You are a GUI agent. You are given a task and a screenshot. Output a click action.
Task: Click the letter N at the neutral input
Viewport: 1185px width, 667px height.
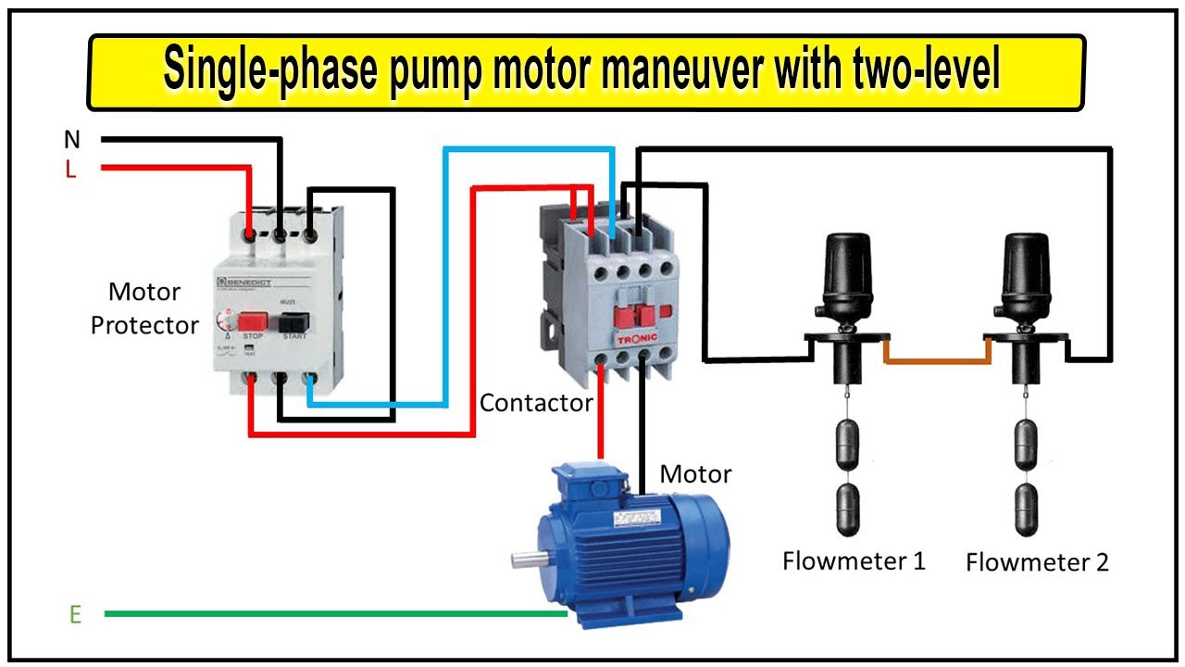point(71,140)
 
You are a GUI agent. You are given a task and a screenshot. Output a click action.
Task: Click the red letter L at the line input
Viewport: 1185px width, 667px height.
point(71,170)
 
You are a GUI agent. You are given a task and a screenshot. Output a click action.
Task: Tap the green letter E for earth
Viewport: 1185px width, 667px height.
point(75,614)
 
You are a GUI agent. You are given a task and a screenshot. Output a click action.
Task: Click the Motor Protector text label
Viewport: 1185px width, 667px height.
point(144,308)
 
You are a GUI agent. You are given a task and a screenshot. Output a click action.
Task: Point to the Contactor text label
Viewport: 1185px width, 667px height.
point(536,403)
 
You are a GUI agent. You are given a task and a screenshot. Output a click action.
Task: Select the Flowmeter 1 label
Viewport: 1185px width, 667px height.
point(854,560)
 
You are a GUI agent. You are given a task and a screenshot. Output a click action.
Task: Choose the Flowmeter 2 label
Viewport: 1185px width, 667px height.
point(1037,562)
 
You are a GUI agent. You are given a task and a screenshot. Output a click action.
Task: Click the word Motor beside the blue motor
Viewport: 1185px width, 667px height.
point(695,474)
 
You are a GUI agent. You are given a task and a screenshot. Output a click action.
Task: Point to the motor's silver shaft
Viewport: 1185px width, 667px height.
point(527,559)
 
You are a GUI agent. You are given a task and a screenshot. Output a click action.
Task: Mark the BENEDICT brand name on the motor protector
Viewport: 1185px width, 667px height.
point(248,280)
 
